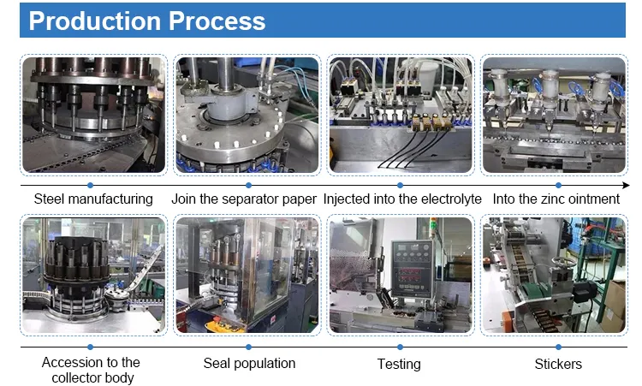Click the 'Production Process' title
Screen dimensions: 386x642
pyautogui.click(x=147, y=21)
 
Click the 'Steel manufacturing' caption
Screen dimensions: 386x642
pyautogui.click(x=93, y=199)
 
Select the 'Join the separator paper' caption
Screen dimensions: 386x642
pyautogui.click(x=244, y=199)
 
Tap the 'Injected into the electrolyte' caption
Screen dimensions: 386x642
pyautogui.click(x=402, y=199)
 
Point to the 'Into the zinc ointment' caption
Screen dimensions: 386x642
pyautogui.click(x=556, y=199)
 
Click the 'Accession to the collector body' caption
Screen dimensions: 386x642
pyautogui.click(x=91, y=371)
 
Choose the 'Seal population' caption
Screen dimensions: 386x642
pyautogui.click(x=249, y=364)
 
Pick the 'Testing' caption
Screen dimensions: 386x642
pyautogui.click(x=399, y=364)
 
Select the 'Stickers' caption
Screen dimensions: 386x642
pyautogui.click(x=557, y=364)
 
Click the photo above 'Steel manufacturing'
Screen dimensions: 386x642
pyautogui.click(x=93, y=114)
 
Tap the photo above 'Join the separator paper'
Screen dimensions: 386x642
pyautogui.click(x=247, y=114)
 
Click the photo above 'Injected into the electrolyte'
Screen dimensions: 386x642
pyautogui.click(x=401, y=114)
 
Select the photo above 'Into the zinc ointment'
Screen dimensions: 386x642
pyautogui.click(x=554, y=114)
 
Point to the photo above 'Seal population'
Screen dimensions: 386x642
pyautogui.click(x=247, y=276)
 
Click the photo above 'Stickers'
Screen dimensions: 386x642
pyautogui.click(x=554, y=276)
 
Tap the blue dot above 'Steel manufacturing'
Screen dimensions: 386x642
pyautogui.click(x=90, y=185)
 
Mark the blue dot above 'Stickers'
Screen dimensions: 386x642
pyautogui.click(x=557, y=347)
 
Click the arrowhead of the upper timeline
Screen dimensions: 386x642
pyautogui.click(x=625, y=185)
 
